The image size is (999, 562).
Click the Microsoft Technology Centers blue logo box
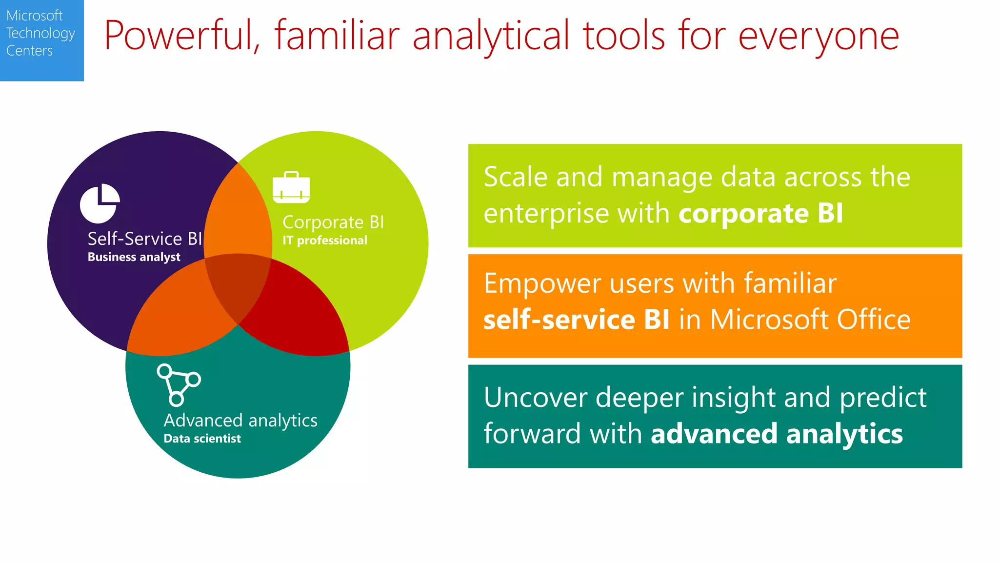[x=41, y=40]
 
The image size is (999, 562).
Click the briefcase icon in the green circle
[x=291, y=187]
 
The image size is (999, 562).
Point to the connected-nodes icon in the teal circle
[x=178, y=385]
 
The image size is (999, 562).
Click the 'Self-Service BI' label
[x=144, y=239]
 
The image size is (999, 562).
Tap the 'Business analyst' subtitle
[x=134, y=257]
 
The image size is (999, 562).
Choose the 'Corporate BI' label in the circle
[x=333, y=222]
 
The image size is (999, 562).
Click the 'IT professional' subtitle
[x=325, y=241]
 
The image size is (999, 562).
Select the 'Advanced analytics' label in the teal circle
[x=240, y=421]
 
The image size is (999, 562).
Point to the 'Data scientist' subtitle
[x=202, y=439]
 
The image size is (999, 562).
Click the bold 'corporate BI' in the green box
[x=760, y=214]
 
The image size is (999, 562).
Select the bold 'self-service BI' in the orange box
[x=576, y=320]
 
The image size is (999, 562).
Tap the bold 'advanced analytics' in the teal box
[x=777, y=434]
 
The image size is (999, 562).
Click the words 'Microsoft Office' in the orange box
[x=810, y=320]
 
